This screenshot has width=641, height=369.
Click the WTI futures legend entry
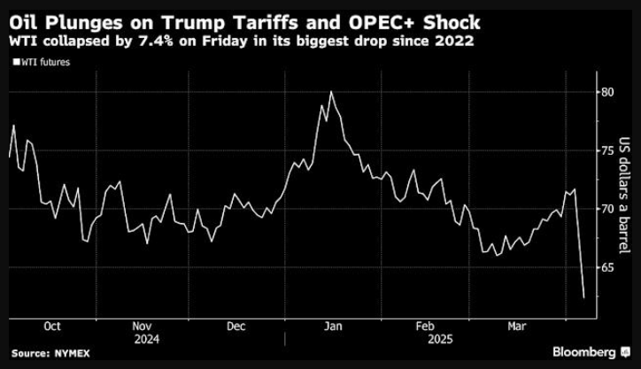point(42,61)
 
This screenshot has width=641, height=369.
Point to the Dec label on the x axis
point(236,326)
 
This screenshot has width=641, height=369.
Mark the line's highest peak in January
point(330,91)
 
